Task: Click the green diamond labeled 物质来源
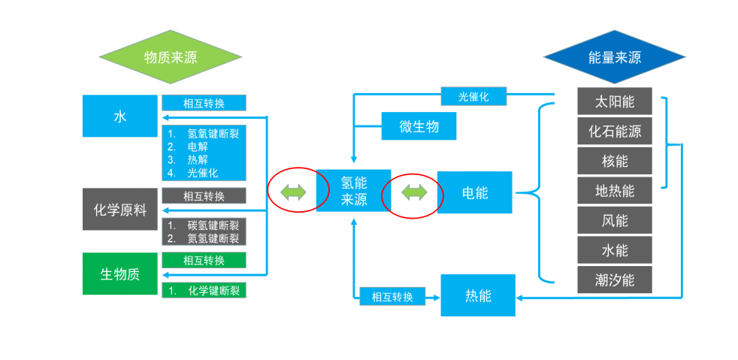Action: pos(171,57)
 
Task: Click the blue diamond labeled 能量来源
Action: pos(614,57)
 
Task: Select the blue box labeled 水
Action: pos(120,116)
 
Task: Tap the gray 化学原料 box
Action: pos(120,210)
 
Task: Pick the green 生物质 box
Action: pos(120,274)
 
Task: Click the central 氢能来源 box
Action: pos(354,191)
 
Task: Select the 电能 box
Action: pos(474,192)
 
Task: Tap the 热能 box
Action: pos(478,295)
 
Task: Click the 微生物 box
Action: pos(419,126)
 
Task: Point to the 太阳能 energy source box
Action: pos(614,101)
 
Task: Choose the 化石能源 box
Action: pos(614,131)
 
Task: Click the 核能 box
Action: pos(614,161)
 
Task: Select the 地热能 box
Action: pos(614,191)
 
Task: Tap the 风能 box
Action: pos(614,220)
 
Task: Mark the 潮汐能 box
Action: pos(614,280)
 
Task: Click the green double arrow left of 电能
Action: pos(413,193)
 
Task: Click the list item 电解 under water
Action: pos(198,147)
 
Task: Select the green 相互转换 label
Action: pos(204,260)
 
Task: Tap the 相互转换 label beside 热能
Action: pos(392,296)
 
